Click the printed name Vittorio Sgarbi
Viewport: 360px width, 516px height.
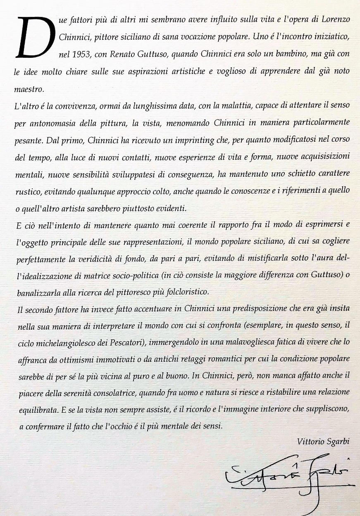click(323, 442)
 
